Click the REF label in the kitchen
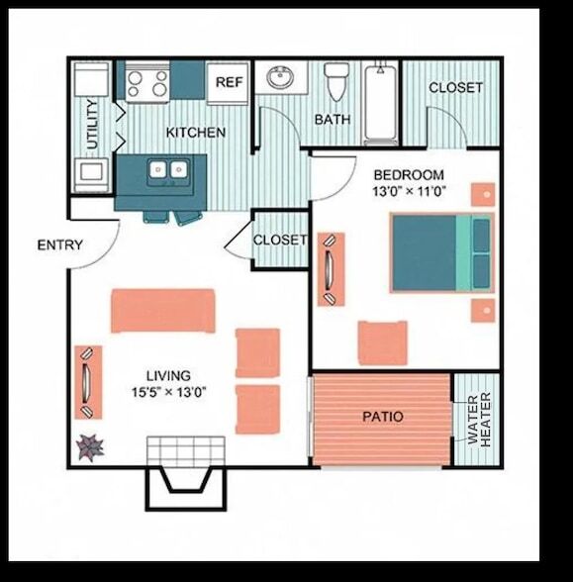click(231, 83)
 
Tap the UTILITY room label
click(91, 124)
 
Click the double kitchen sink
click(167, 171)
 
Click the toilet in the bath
click(337, 83)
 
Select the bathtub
click(381, 104)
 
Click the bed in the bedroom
click(441, 252)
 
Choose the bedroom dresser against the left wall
click(330, 268)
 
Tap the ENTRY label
click(59, 245)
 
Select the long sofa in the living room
click(162, 311)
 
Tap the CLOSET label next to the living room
click(280, 241)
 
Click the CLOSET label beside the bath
click(455, 87)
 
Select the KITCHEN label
click(195, 132)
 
